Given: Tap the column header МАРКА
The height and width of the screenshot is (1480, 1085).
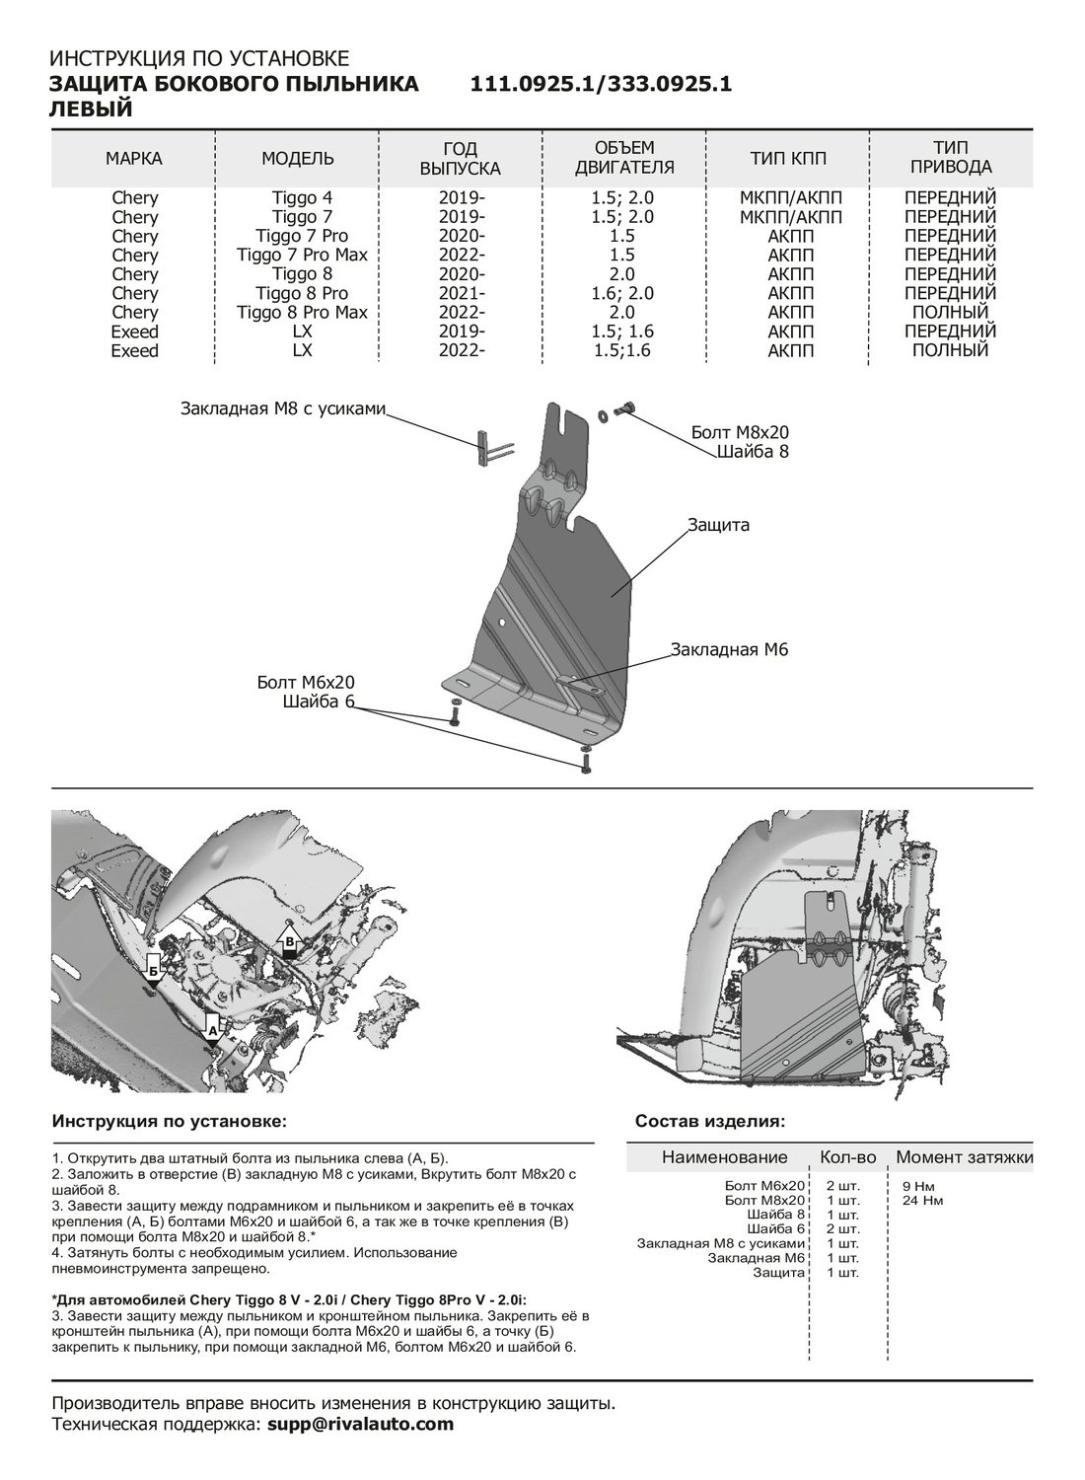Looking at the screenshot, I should click(134, 159).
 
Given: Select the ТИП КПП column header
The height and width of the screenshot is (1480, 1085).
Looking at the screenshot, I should click(789, 159).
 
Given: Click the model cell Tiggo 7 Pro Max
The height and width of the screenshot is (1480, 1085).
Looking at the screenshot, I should click(302, 255).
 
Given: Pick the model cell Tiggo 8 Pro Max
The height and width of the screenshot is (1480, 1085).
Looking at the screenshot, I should click(302, 312).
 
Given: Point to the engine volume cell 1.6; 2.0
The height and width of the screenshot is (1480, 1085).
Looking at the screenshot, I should click(622, 293).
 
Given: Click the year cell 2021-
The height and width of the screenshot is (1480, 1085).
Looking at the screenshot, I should click(462, 293).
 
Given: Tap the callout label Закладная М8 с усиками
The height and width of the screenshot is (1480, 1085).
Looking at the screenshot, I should click(282, 408).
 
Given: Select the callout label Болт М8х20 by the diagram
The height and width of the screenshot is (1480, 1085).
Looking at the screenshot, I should click(740, 432).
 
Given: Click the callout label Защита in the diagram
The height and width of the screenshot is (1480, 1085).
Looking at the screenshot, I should click(719, 525).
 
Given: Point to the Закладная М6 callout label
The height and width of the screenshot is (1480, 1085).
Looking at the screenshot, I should click(729, 649).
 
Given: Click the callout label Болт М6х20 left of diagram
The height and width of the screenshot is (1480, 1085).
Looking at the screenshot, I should click(306, 683).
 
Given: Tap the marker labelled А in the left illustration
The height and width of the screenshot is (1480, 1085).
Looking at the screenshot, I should click(211, 1028).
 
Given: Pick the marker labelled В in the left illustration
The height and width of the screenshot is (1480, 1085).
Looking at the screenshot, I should click(290, 943).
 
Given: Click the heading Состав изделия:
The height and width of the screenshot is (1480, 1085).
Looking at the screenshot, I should click(710, 1122).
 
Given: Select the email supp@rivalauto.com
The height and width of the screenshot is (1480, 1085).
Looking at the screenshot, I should click(361, 1424).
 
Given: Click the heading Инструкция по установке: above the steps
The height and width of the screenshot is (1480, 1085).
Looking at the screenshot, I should click(170, 1122).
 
